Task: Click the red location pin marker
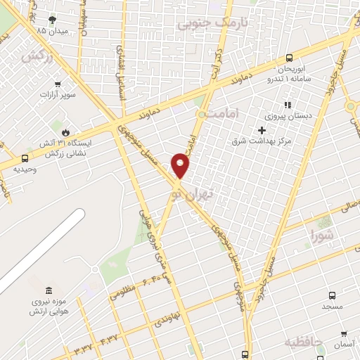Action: point(181,165)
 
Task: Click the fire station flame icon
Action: point(65,131)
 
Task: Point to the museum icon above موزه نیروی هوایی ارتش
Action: point(48,291)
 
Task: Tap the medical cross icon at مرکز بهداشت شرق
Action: point(262,130)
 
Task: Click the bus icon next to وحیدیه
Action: point(25,158)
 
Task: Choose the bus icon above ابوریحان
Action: point(290,58)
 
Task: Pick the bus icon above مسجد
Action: point(333,295)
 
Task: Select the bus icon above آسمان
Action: point(342,334)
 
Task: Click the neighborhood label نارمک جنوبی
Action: point(204,23)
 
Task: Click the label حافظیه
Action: point(303,342)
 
